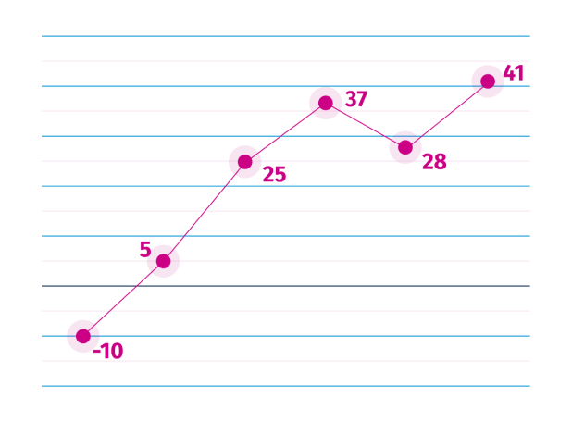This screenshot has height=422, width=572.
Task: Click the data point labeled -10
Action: click(x=83, y=336)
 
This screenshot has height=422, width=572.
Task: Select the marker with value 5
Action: click(x=163, y=261)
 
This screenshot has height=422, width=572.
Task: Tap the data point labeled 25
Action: click(x=244, y=161)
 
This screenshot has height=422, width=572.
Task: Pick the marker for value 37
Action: click(x=325, y=102)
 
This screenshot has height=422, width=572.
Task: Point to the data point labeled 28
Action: click(x=405, y=146)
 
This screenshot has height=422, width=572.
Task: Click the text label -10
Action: click(x=108, y=352)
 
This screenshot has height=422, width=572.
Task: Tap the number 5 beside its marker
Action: click(x=144, y=248)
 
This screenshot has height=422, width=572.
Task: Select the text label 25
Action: click(x=274, y=174)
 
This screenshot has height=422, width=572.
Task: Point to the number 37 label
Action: click(x=356, y=99)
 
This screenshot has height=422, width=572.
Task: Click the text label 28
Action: click(x=434, y=162)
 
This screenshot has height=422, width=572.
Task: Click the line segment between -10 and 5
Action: click(x=123, y=299)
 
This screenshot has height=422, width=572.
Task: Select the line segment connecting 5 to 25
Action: click(x=204, y=211)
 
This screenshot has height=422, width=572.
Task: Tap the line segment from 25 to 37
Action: click(x=285, y=131)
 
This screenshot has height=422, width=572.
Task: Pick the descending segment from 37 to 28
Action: click(x=366, y=124)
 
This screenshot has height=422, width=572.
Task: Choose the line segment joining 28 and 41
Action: click(x=446, y=114)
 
